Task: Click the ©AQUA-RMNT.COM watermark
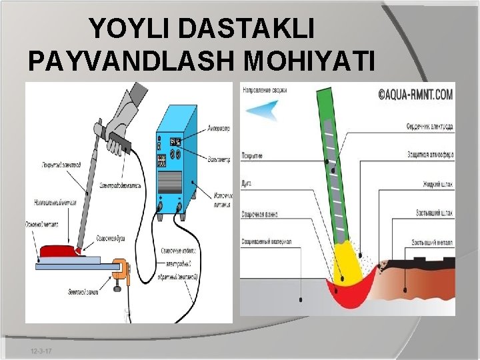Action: (x=416, y=95)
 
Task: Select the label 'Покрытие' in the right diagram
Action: (x=252, y=155)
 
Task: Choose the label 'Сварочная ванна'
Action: (x=259, y=215)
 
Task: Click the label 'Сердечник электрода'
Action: (x=429, y=126)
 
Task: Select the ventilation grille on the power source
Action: (x=171, y=181)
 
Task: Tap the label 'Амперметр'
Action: (x=218, y=128)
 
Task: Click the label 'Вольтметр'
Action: (x=218, y=159)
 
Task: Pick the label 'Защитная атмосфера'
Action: (x=430, y=155)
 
